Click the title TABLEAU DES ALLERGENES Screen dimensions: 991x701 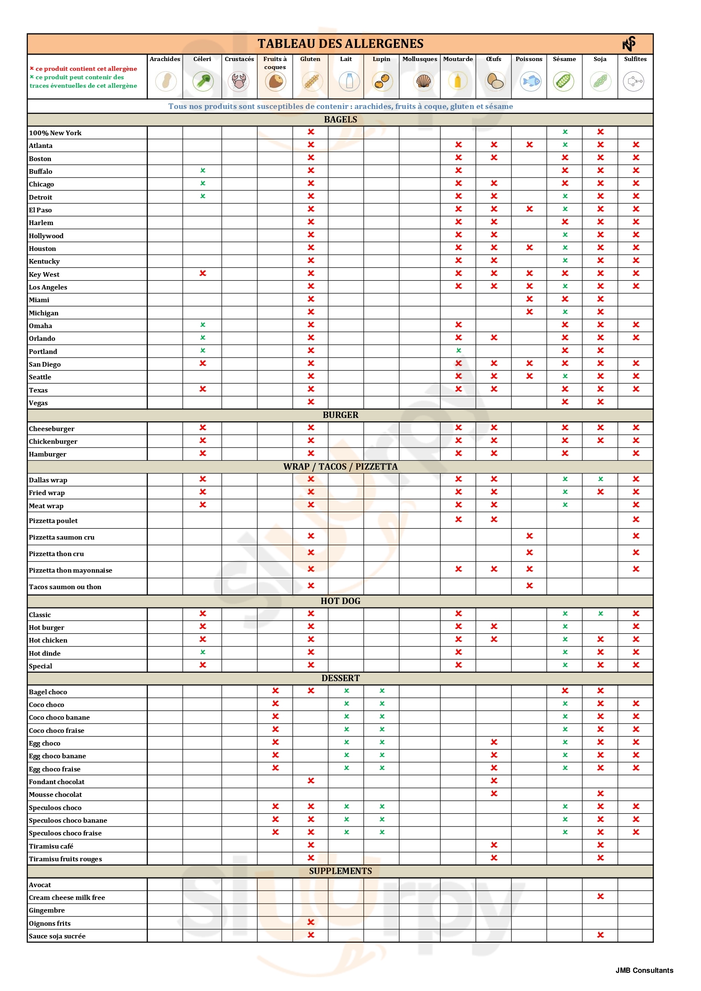pos(341,44)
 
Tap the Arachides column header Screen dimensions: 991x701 pos(165,59)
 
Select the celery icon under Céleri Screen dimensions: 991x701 pos(203,81)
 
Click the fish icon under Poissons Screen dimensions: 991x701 pos(530,81)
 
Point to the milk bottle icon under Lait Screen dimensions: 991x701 pos(349,81)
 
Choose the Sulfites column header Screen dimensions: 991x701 pos(635,59)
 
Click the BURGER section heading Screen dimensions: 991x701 pos(341,415)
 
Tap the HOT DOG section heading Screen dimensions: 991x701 pos(341,601)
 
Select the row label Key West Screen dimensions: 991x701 pos(44,274)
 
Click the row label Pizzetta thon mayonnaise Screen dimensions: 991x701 pos(70,570)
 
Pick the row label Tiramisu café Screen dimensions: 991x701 pos(51,846)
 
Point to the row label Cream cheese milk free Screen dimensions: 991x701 pos(67,897)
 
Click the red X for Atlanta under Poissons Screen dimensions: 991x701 pos(530,145)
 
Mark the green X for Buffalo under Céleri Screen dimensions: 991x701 pos(203,170)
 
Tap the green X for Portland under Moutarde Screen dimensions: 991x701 pos(459,351)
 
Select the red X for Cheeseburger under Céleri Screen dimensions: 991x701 pos(203,427)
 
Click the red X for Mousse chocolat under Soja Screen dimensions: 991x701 pos(600,793)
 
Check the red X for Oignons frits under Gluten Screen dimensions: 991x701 pos(310,922)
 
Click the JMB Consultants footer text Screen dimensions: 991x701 pos(644,970)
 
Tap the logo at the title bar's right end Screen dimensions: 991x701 pos(629,44)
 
